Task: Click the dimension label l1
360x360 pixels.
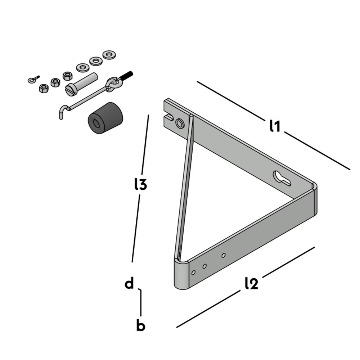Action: pos(275,126)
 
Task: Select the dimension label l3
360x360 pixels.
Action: pos(140,184)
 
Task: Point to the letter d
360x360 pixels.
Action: pos(129,283)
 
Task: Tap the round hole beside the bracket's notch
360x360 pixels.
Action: pos(179,124)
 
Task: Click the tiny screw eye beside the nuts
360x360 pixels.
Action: pos(33,80)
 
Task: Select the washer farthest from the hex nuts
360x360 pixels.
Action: pos(108,55)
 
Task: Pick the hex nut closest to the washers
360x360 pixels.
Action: pos(67,76)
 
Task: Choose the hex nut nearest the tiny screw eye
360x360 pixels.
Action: pos(44,88)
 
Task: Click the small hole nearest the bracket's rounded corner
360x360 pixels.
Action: pos(193,273)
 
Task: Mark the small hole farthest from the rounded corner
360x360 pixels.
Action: pos(223,255)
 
